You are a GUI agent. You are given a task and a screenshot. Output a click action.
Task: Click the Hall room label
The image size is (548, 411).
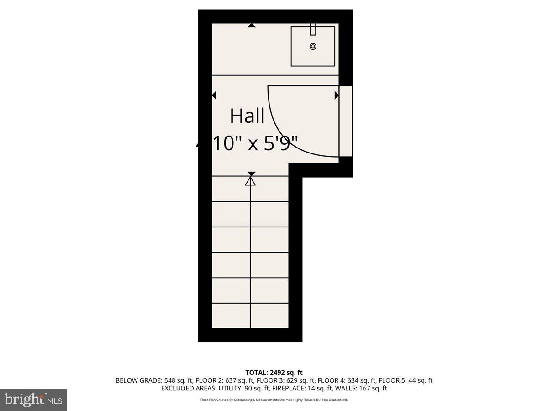247,116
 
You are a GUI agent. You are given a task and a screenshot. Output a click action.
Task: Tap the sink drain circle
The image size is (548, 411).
313,46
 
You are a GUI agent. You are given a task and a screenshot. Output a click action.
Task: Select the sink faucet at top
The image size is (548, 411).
313,29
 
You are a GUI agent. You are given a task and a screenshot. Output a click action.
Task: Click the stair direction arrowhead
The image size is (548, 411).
250,181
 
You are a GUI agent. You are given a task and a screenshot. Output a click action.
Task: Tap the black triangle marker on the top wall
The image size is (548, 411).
251,26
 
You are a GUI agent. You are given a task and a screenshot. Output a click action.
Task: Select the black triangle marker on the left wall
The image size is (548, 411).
214,95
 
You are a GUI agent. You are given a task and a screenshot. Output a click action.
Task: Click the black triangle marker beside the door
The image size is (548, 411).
337,95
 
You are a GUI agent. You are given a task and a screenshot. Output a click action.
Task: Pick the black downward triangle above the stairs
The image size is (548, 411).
251,174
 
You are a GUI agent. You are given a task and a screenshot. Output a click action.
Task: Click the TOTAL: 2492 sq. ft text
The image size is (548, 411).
274,373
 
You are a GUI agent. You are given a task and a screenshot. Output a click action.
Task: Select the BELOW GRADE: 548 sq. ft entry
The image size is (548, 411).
154,380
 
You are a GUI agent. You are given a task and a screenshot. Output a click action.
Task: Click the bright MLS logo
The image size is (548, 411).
33,400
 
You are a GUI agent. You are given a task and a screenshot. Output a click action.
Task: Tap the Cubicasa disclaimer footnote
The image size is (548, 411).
274,400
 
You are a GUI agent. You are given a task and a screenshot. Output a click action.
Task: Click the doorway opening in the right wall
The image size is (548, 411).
346,121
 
